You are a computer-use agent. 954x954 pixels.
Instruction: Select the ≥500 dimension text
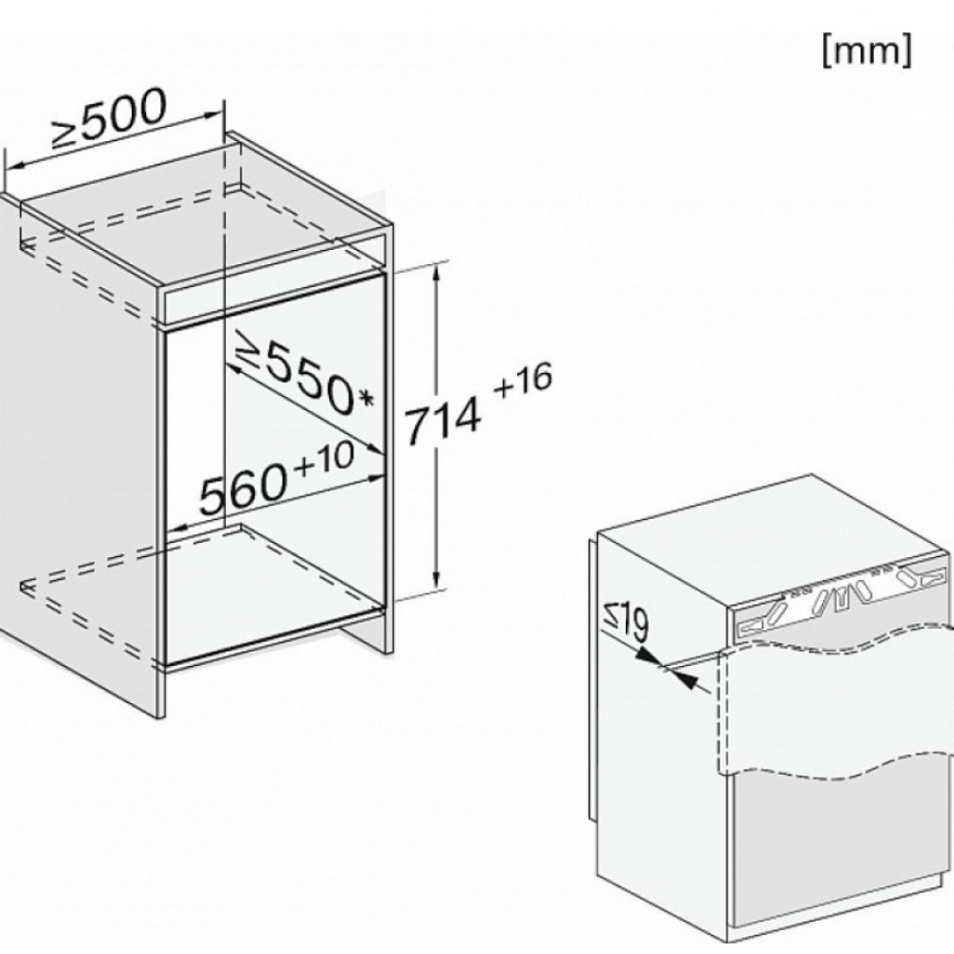tap(109, 120)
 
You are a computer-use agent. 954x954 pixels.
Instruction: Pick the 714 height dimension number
tap(443, 422)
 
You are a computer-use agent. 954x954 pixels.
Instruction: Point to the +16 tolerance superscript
tap(523, 380)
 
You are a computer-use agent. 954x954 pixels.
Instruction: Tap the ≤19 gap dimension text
tap(627, 622)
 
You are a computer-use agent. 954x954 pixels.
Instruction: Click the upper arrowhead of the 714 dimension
tap(436, 274)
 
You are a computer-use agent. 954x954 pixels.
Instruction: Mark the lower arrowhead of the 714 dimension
tap(436, 580)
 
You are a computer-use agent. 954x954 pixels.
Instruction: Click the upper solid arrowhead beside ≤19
tap(649, 656)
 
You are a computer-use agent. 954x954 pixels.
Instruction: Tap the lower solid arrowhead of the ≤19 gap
tap(686, 679)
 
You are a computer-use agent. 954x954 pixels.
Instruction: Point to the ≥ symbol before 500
tap(66, 135)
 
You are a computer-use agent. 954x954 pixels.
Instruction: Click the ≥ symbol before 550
tap(249, 348)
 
